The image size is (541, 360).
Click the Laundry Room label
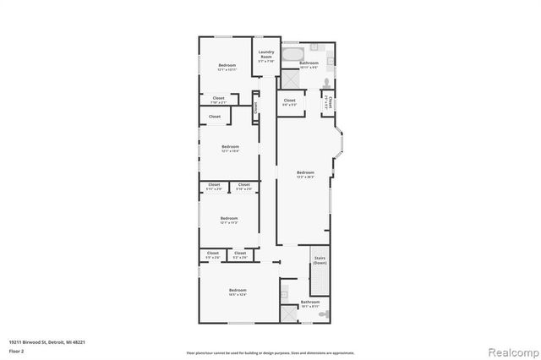[265, 57]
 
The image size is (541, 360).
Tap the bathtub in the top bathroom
[293, 56]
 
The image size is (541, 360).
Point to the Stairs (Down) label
[320, 260]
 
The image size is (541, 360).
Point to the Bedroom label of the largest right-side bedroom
[305, 174]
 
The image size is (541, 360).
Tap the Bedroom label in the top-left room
[227, 67]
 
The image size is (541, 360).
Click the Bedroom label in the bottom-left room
[226, 292]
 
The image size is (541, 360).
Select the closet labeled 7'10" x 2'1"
[219, 101]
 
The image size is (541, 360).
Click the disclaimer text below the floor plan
[270, 352]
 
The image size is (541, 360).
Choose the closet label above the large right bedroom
[289, 102]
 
